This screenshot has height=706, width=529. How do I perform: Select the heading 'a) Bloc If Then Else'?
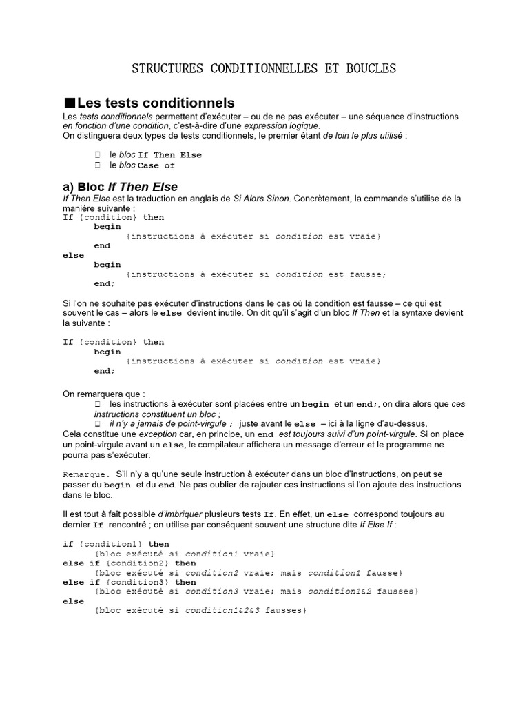click(x=121, y=187)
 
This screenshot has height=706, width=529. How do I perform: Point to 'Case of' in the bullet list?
click(x=157, y=165)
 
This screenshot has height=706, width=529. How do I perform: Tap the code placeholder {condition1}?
click(x=110, y=544)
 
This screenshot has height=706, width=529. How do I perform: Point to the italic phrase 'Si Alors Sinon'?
click(x=262, y=199)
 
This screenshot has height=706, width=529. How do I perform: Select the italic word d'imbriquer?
click(x=182, y=514)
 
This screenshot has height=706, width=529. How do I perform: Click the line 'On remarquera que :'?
click(x=104, y=394)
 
